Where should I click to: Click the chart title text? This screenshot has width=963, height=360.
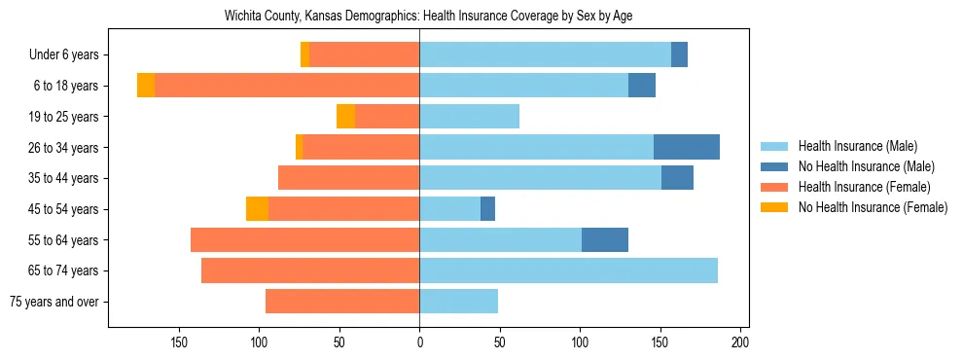(428, 17)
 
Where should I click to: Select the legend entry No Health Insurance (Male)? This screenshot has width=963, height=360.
(865, 166)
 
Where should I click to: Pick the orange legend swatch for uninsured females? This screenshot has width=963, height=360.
(774, 207)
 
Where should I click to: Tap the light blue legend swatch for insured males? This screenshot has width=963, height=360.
(774, 146)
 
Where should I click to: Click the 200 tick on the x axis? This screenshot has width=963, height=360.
(740, 342)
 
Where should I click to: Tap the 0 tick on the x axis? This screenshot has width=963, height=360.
(419, 342)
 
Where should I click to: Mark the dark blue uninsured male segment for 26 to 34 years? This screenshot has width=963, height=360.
(687, 147)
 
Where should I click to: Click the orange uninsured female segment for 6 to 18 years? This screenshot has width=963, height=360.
(146, 86)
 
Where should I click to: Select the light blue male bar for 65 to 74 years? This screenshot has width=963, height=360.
(568, 270)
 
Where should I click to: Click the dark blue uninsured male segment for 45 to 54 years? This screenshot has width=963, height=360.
(487, 209)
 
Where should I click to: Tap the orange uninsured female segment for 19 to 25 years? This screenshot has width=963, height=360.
(345, 117)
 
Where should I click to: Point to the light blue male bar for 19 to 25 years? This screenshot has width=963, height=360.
(469, 117)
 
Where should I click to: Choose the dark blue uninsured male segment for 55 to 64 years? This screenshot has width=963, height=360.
(605, 239)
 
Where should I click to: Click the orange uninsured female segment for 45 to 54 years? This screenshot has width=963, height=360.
(257, 209)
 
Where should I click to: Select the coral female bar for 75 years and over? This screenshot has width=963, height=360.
(342, 302)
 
